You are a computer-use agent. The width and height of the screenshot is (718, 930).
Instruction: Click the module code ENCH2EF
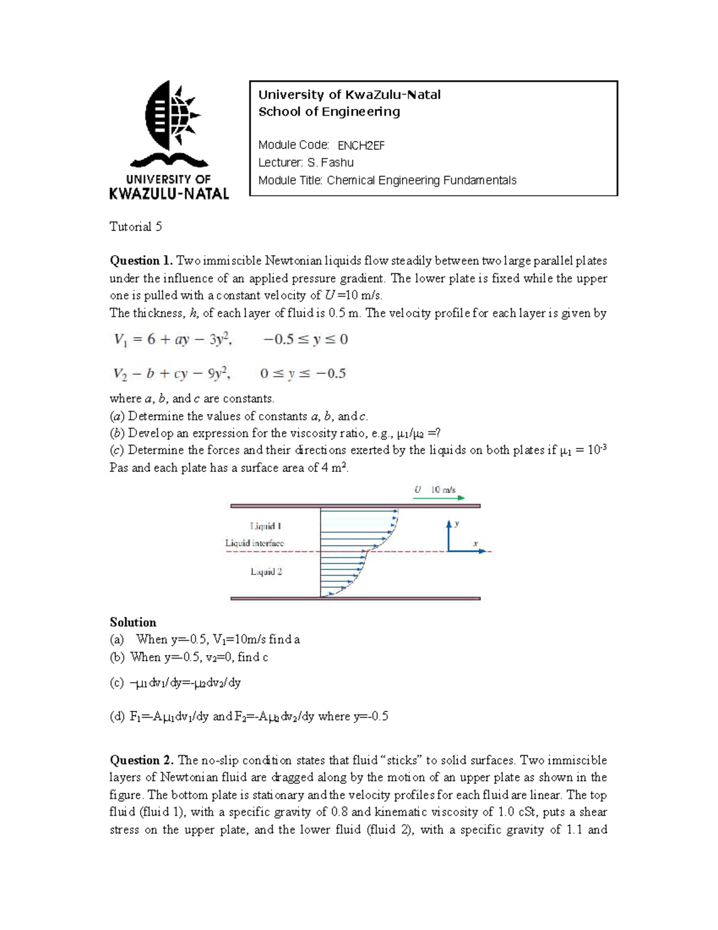pos(361,145)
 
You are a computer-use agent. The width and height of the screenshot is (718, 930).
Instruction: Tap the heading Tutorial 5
pos(135,226)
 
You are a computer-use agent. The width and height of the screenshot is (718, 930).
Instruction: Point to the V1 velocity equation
pos(172,340)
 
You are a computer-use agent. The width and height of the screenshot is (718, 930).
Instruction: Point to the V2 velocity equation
pos(172,374)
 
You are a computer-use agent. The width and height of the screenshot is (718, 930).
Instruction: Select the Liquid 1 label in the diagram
pos(266,526)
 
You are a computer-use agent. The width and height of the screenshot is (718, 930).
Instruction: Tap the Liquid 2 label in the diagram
pos(266,572)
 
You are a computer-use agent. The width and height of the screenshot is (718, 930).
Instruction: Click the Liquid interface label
pos(254,543)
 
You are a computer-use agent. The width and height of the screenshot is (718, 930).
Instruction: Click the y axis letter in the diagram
pos(457,523)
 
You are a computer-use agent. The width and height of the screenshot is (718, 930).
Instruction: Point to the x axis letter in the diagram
pos(476,544)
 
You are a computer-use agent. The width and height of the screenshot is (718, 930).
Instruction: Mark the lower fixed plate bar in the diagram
pos(355,598)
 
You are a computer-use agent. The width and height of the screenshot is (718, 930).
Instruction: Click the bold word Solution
pos(133,622)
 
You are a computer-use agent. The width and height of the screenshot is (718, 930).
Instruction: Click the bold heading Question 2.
pos(142,760)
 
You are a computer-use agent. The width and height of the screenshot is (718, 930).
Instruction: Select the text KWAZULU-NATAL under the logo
pos(169,193)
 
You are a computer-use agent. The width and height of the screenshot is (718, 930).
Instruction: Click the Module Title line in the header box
pos(387,180)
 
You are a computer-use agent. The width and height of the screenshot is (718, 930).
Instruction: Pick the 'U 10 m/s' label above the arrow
pos(435,489)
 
